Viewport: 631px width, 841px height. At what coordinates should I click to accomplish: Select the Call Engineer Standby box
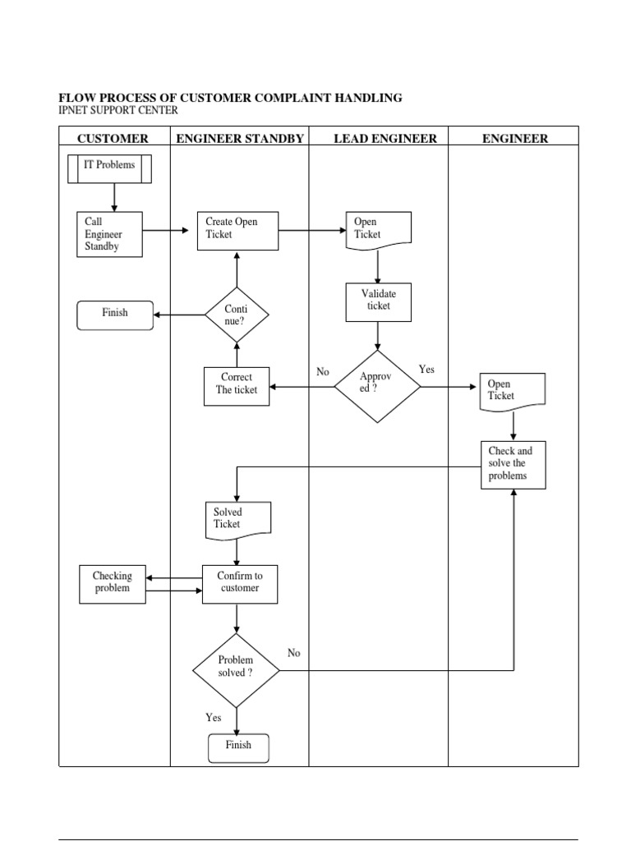pyautogui.click(x=109, y=234)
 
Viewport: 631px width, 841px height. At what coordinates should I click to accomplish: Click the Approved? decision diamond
pyautogui.click(x=377, y=386)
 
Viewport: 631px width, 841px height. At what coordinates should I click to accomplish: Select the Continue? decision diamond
pyautogui.click(x=237, y=315)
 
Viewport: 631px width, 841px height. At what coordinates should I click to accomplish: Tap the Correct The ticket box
pyautogui.click(x=237, y=385)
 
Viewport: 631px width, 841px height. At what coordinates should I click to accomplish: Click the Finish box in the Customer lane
pyautogui.click(x=114, y=315)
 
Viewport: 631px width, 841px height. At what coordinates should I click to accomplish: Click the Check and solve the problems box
pyautogui.click(x=513, y=464)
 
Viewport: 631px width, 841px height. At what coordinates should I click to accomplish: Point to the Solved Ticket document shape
pyautogui.click(x=237, y=519)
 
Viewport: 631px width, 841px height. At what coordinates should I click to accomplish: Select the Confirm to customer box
pyautogui.click(x=239, y=583)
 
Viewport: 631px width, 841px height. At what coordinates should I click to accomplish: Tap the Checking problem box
pyautogui.click(x=112, y=583)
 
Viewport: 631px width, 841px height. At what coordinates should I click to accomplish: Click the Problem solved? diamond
pyautogui.click(x=236, y=669)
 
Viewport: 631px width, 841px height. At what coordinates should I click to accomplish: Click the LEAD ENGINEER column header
pyautogui.click(x=385, y=139)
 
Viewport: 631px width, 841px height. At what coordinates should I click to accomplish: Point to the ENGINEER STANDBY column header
pyautogui.click(x=240, y=139)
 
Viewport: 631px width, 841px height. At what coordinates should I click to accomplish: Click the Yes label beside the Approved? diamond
pyautogui.click(x=426, y=370)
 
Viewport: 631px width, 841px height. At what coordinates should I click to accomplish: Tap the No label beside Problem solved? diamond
pyautogui.click(x=293, y=653)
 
